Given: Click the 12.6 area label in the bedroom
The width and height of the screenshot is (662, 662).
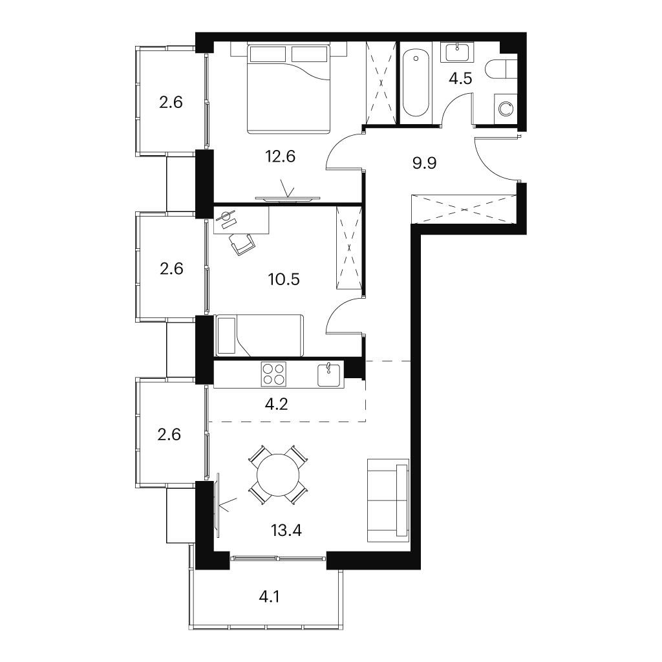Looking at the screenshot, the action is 280,156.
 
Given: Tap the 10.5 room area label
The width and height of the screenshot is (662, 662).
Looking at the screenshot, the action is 284,279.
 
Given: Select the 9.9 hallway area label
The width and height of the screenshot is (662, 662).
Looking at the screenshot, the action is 424,163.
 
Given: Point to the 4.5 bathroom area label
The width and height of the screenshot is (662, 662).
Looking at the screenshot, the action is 460,78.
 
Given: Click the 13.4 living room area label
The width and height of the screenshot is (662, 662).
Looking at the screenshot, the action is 286,530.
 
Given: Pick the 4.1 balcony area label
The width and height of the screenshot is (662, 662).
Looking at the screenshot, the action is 269,597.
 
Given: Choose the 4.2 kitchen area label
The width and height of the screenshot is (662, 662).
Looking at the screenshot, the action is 276,404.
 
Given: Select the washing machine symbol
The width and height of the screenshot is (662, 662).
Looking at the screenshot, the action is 506,109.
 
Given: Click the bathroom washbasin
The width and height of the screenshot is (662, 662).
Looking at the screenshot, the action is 457,52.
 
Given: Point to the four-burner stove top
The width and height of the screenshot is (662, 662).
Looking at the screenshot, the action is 273,374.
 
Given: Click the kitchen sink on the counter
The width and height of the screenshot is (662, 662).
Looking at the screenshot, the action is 328,374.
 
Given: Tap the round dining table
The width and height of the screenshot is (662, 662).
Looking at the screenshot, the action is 278,475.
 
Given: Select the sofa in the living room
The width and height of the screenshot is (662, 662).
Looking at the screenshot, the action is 389,500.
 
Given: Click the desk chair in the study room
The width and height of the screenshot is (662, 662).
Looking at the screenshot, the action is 242,244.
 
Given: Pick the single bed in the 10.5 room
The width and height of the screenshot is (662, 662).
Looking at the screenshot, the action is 259,336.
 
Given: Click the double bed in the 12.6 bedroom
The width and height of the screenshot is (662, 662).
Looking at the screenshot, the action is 288,88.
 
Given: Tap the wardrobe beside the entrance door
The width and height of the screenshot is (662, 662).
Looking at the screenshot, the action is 464,209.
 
